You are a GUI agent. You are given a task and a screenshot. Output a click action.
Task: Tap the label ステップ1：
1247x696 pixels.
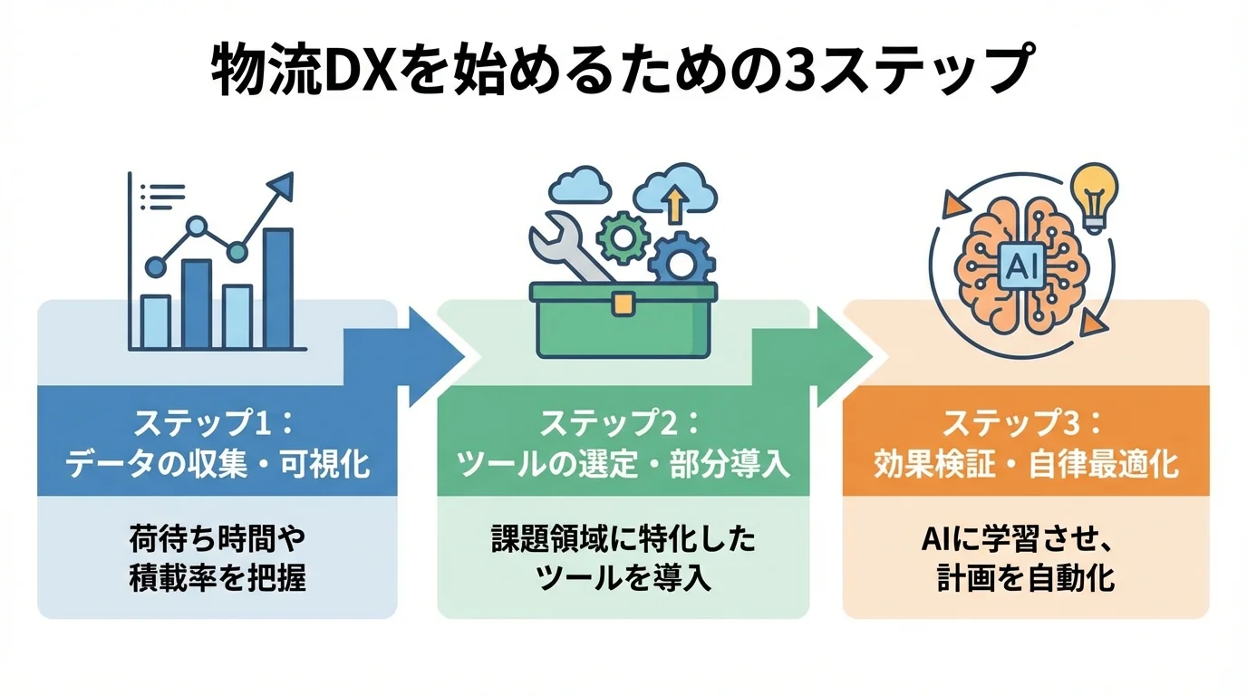point(217,423)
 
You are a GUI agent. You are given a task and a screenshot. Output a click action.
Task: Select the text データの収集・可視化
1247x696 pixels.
point(217,464)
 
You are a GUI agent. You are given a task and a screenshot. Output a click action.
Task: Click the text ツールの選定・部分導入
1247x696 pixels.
point(623,464)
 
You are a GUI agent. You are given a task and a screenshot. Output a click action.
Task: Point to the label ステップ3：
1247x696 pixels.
point(1025,423)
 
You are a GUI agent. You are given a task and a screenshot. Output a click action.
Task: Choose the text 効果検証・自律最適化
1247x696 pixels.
point(1025,464)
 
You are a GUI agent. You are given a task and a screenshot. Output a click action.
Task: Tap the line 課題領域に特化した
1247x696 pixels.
point(623,540)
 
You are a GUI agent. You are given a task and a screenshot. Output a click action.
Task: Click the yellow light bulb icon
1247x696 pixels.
point(1094,192)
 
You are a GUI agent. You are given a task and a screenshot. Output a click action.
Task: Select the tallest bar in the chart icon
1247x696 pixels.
point(277,288)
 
